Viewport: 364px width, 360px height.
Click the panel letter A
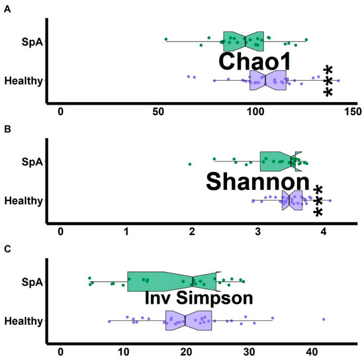[5, 7]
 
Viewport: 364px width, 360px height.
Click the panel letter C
[5, 249]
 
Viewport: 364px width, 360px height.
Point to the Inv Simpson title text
[199, 298]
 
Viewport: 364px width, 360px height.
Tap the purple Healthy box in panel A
[267, 81]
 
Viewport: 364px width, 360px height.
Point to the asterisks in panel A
[328, 81]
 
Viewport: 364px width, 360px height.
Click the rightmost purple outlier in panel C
[324, 319]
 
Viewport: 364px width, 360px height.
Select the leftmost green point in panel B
[190, 163]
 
